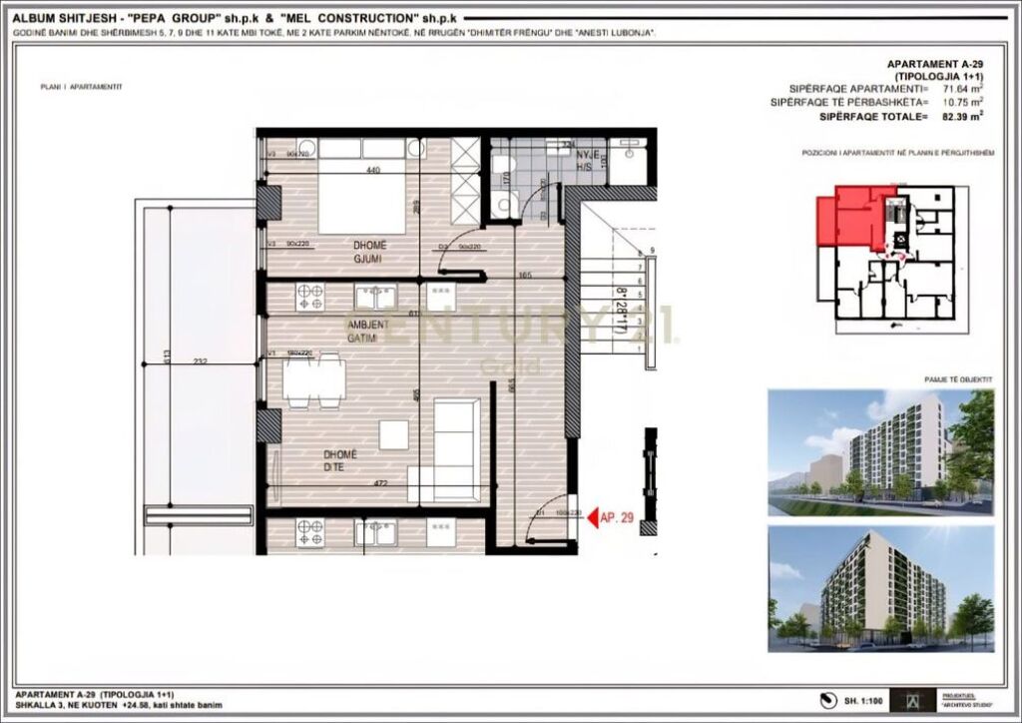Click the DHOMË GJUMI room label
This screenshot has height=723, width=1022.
tap(369, 252)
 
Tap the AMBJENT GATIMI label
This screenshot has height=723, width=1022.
tap(360, 332)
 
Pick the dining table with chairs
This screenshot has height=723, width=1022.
tap(312, 382)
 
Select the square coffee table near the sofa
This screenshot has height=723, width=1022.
tap(394, 434)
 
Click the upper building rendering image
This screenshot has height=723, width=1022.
tap(880, 451)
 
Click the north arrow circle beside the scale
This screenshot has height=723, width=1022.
tap(825, 699)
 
